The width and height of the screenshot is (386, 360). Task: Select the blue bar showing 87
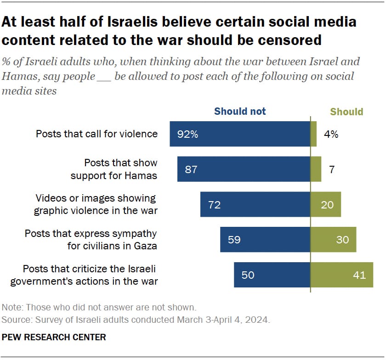pos(244,169)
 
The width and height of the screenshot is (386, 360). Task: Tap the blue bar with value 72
pos(255,204)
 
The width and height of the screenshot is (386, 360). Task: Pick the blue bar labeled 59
pos(265,239)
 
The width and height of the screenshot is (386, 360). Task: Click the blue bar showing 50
pos(272,275)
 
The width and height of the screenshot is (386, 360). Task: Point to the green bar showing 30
pos(333,239)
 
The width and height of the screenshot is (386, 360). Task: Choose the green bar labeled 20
pos(326,204)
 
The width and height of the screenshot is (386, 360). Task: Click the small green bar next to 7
pos(316,169)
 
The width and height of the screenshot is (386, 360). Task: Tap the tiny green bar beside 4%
pos(314,134)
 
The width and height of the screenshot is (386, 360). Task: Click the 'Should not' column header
pos(240,111)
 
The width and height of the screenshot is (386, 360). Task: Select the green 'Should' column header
pos(346,112)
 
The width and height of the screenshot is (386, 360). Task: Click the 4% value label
pos(331,134)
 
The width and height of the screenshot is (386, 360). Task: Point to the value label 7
pos(332,169)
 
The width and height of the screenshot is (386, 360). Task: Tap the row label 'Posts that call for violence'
pos(96,134)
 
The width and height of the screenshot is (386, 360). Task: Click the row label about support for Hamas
pos(120,169)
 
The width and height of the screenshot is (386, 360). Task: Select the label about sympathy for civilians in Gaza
pos(91,239)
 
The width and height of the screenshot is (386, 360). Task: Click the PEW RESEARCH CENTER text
pos(54,337)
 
